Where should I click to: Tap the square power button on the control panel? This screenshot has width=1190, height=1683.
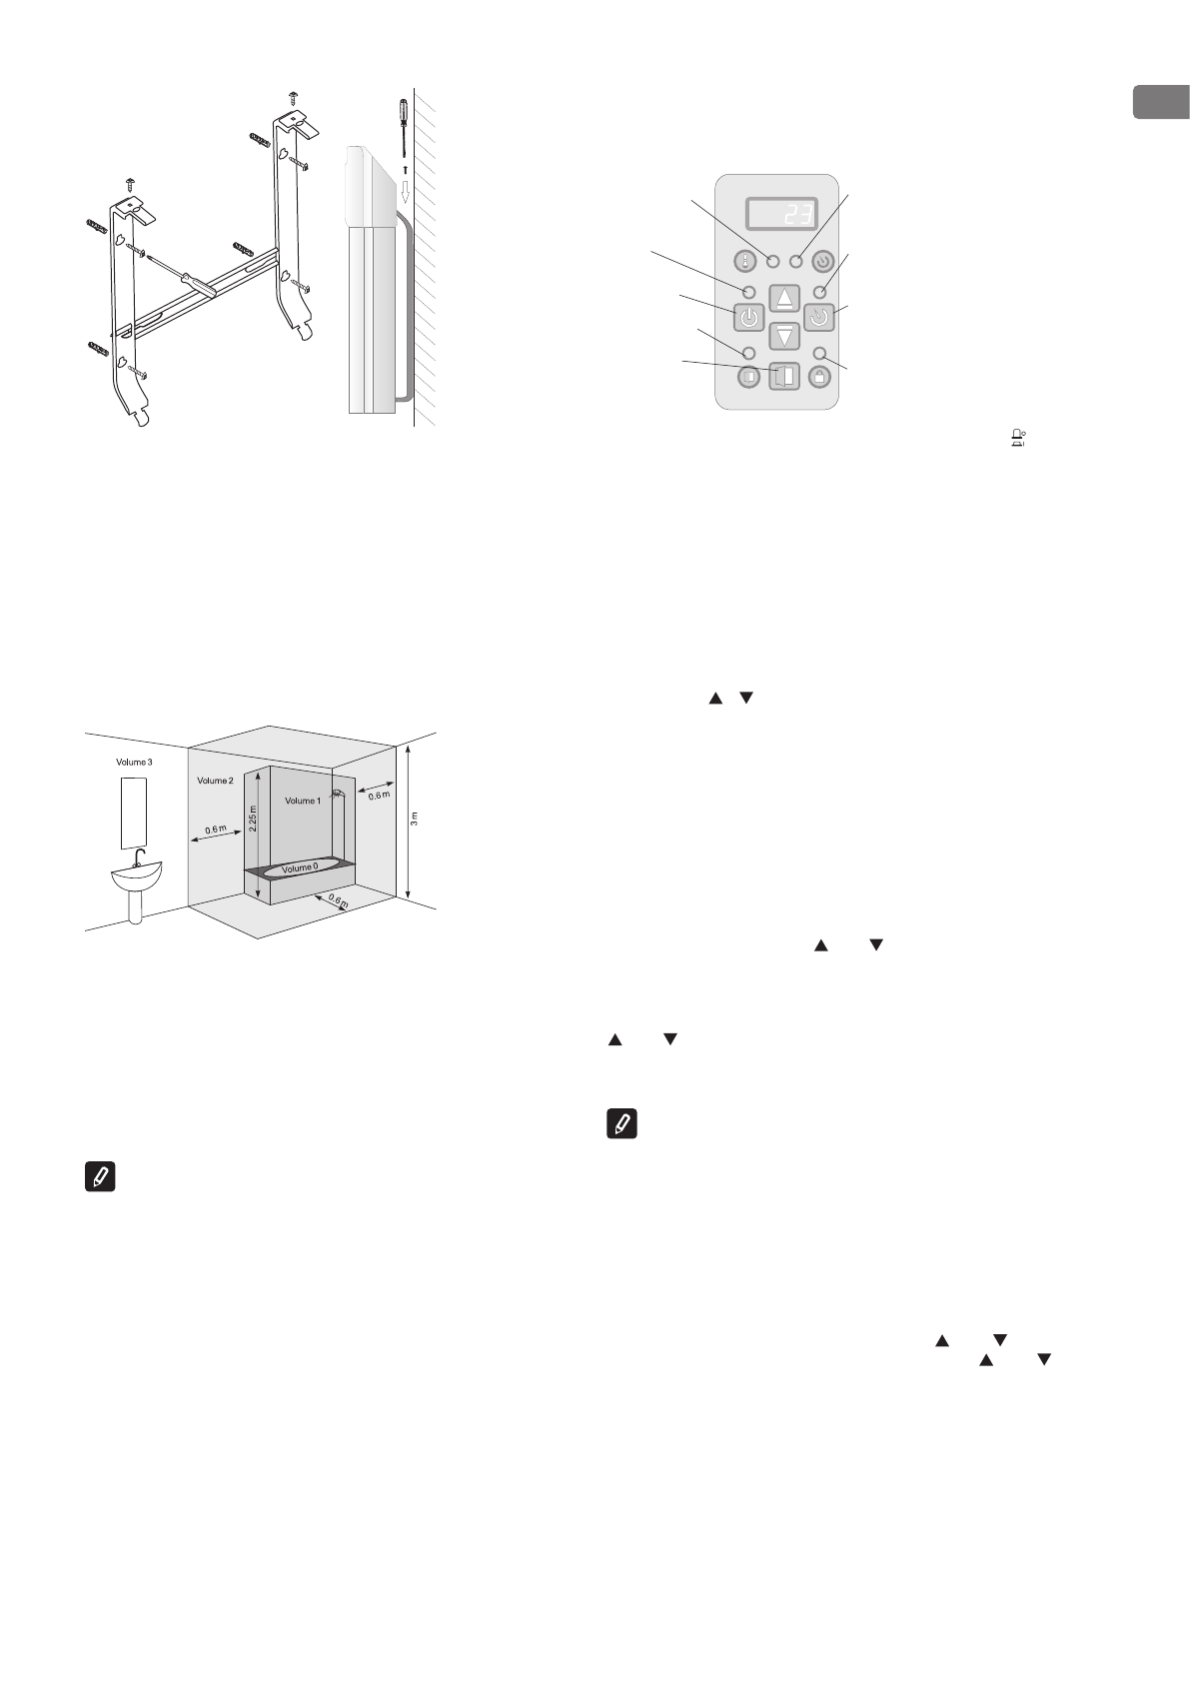tap(749, 319)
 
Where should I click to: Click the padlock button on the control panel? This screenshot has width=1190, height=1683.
tap(820, 378)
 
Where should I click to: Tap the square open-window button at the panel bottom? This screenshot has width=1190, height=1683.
tap(784, 377)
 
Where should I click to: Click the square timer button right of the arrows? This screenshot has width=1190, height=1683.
tap(819, 320)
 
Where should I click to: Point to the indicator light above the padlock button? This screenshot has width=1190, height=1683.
tap(820, 353)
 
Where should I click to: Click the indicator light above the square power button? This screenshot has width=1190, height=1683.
tap(748, 290)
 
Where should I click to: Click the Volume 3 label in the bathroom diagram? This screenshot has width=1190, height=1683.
tap(135, 762)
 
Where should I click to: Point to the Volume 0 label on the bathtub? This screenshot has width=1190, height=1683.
tap(300, 868)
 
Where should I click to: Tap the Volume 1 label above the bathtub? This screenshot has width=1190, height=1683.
tap(303, 801)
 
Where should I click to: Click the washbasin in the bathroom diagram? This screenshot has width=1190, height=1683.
tap(137, 879)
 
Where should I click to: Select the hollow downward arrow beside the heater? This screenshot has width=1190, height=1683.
tap(405, 190)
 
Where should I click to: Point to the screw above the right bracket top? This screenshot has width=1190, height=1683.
tap(294, 97)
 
